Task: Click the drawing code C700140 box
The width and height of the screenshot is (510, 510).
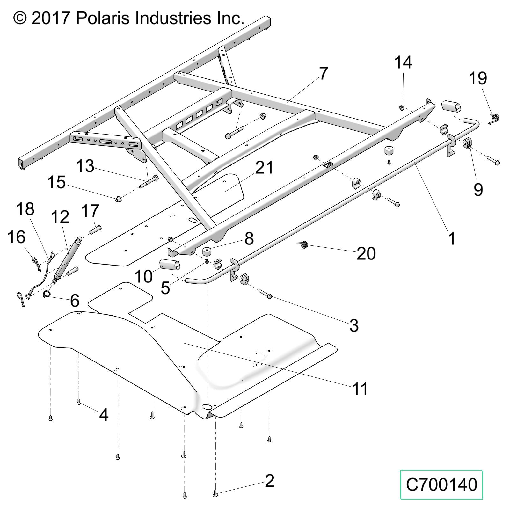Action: pos(441,484)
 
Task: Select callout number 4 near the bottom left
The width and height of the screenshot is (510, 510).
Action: pos(104,415)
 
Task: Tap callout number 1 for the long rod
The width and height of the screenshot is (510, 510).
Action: pos(452,238)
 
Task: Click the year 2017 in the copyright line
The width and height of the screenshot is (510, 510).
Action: pos(51,18)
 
